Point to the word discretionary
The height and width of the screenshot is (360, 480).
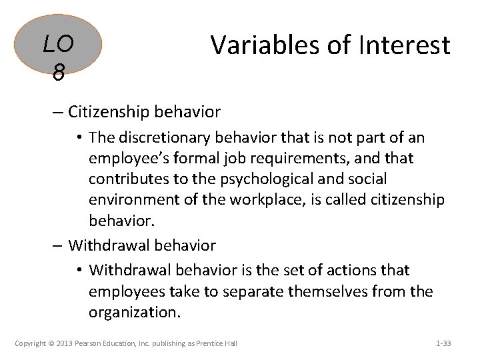tap(159, 137)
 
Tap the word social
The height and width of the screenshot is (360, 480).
tap(365, 179)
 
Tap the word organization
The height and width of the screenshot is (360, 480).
tap(133, 312)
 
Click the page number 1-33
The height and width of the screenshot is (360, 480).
tap(443, 343)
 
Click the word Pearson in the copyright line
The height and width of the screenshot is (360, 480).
tap(89, 343)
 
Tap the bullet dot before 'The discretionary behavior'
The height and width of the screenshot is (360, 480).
tap(79, 138)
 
